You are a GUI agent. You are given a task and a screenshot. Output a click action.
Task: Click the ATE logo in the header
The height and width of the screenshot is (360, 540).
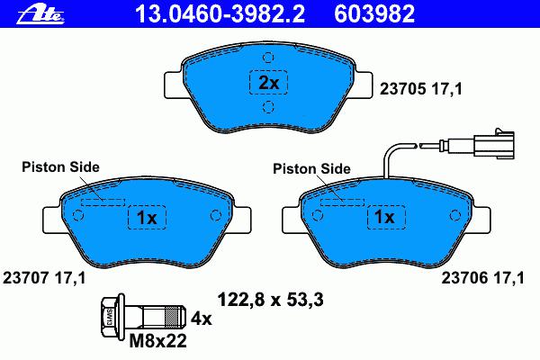tap(40, 14)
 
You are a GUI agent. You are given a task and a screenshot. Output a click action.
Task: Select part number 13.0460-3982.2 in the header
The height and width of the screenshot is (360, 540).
tap(220, 14)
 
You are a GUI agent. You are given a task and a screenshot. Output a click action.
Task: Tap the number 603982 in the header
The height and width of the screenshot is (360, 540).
tap(374, 14)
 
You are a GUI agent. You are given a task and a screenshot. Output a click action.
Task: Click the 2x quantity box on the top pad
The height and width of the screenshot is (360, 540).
tap(268, 82)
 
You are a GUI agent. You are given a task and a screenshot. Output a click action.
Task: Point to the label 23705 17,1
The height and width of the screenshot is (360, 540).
tap(420, 89)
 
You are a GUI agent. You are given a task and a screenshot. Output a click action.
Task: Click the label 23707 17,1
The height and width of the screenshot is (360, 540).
tap(44, 278)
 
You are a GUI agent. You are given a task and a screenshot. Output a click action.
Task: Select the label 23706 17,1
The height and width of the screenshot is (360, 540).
tap(482, 278)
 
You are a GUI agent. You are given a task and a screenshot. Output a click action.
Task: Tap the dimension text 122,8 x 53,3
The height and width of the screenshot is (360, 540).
tap(270, 300)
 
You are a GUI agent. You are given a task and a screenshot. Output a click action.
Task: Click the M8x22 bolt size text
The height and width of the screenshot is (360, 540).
tap(158, 341)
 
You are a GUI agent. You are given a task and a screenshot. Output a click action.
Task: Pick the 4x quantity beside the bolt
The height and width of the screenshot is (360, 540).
tap(202, 319)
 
